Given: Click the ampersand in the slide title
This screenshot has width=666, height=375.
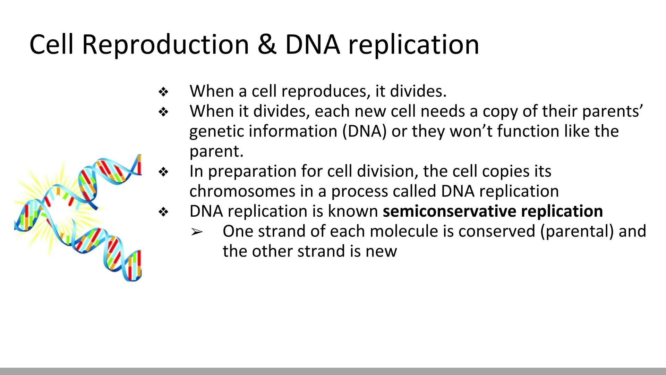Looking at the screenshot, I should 267,44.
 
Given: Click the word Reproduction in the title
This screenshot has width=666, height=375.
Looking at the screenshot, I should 165,44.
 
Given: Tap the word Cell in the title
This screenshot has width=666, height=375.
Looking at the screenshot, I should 51,44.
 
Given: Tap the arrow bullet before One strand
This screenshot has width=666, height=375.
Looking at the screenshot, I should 197,232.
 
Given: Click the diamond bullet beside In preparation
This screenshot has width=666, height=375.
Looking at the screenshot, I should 163,172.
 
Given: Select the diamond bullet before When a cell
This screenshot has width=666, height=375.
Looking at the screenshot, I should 163,92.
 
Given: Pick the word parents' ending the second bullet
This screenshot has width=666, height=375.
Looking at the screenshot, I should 613,111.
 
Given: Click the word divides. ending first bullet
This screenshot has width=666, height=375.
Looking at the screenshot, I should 418,91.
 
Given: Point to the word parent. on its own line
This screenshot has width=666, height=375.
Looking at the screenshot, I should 216,151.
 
